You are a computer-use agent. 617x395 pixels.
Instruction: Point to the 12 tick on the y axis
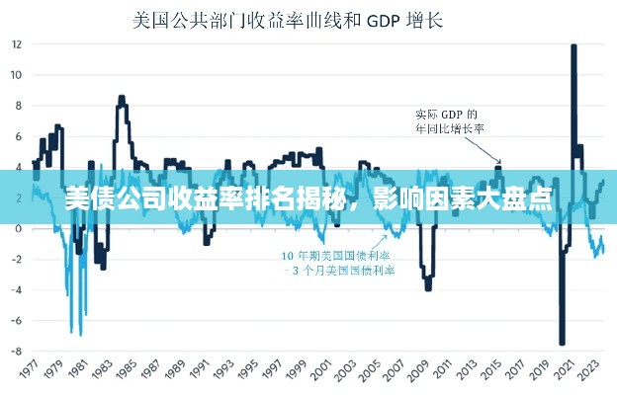pos(17,43)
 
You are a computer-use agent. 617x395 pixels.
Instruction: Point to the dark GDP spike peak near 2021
pos(573,46)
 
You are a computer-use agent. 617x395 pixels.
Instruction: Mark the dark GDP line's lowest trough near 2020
pos(562,343)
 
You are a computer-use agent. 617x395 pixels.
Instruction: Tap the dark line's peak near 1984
pos(121,97)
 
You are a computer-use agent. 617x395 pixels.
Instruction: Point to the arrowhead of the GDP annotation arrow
pos(499,162)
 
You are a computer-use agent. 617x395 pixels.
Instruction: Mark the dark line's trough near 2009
pos(427,288)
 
